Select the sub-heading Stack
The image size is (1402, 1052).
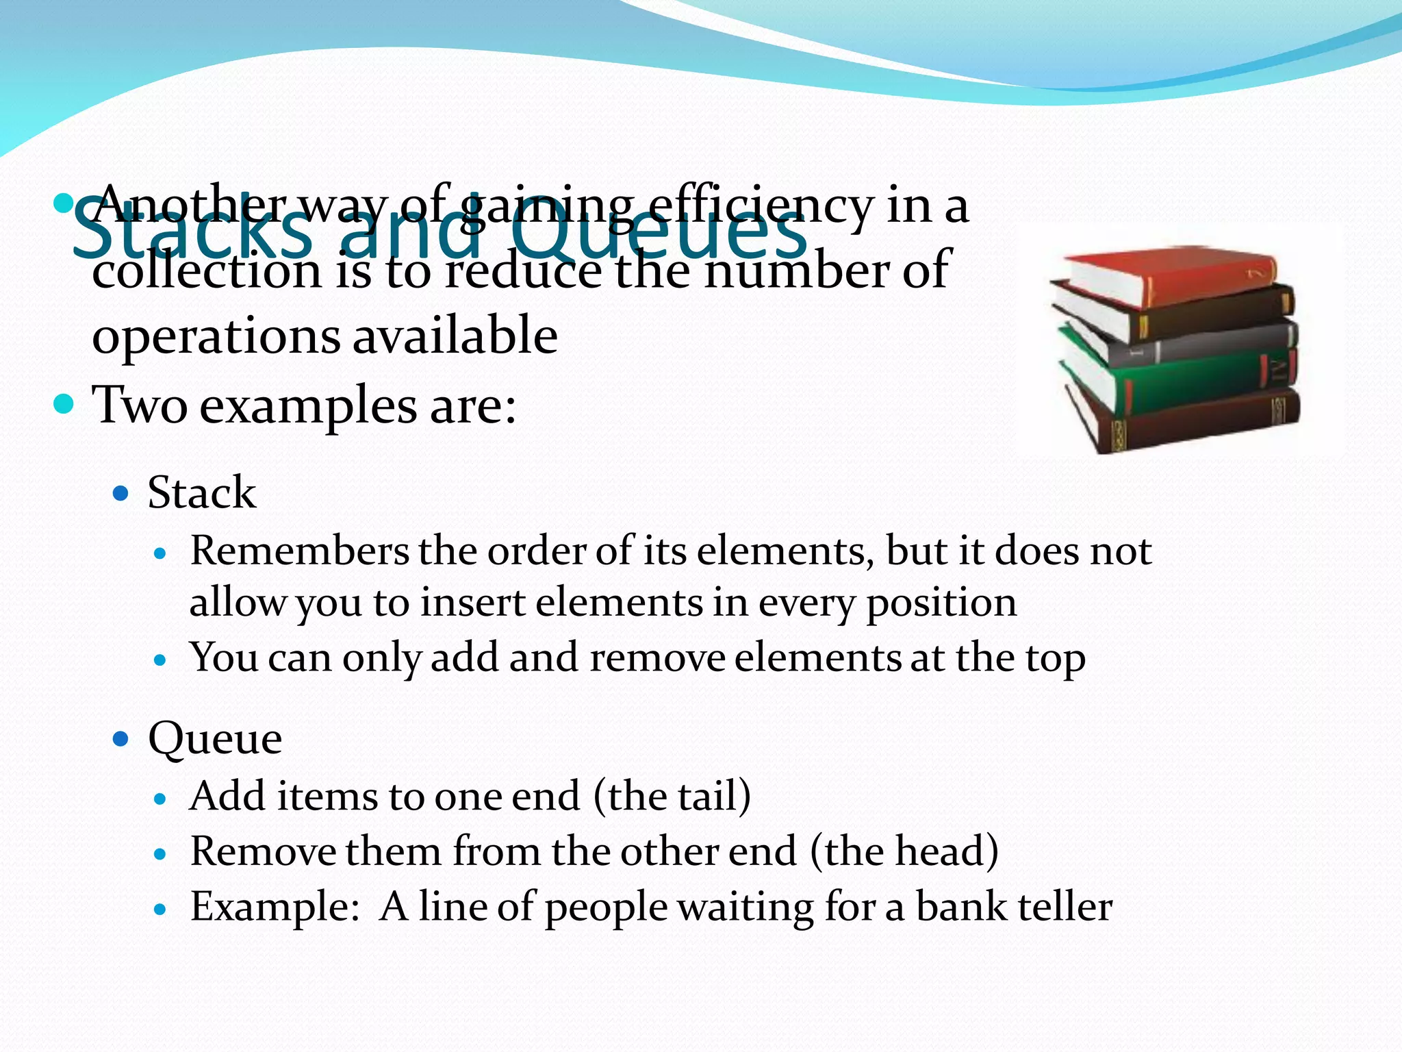(x=202, y=492)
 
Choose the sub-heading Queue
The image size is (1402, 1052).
(x=215, y=738)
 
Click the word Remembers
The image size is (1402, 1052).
(x=299, y=551)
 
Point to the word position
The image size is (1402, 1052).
(x=941, y=603)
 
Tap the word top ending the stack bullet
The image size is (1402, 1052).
(x=1055, y=658)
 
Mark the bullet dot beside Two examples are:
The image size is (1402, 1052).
(x=63, y=404)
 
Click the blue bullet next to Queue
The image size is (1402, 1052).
(x=121, y=738)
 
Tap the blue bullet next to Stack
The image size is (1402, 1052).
(x=121, y=493)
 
